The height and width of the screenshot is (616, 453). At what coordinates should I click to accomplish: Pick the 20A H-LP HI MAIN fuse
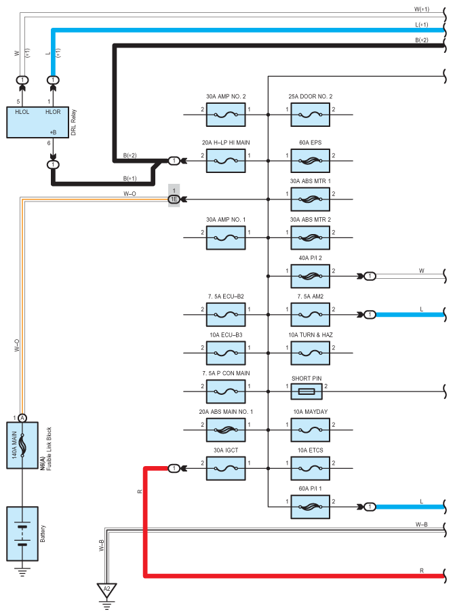tap(226, 161)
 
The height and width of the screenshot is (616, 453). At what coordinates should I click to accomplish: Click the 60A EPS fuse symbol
tap(311, 161)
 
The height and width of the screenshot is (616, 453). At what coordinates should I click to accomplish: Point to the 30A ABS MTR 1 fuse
tap(311, 199)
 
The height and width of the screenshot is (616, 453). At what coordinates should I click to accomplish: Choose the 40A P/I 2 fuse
tap(311, 276)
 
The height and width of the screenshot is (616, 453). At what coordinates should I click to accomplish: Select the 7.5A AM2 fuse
tap(311, 315)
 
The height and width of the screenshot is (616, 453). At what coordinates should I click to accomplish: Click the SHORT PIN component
tap(311, 391)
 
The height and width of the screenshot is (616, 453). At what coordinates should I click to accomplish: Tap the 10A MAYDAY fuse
tap(311, 429)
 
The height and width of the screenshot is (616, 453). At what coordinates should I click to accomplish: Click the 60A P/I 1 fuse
tap(311, 506)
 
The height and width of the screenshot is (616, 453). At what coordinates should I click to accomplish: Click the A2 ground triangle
tap(106, 589)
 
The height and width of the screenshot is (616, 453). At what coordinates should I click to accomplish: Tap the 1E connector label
tap(174, 199)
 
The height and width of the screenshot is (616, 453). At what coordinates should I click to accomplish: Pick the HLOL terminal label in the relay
tap(23, 111)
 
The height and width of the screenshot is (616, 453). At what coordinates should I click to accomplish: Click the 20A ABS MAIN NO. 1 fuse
tap(226, 429)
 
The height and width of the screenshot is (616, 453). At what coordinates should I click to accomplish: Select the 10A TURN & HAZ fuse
tap(311, 353)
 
